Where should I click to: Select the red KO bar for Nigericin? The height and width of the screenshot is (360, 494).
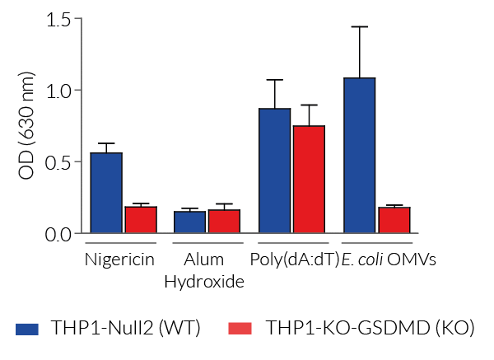point(141,219)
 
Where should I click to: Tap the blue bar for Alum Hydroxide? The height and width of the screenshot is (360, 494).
point(190,222)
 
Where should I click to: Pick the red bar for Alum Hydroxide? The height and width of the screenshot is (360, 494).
point(224,222)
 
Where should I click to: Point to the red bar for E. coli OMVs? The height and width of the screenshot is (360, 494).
point(394,220)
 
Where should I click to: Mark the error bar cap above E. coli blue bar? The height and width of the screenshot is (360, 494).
point(359,26)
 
